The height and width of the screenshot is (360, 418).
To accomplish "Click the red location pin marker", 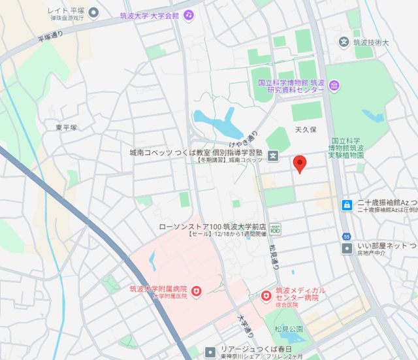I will point(300,163).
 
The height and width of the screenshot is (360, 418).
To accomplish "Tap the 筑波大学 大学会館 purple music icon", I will point(188,14).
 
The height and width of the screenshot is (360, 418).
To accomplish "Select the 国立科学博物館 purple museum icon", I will point(334,86).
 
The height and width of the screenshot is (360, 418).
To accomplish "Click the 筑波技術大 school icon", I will point(344,42).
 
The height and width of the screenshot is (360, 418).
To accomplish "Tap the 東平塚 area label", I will point(66,127).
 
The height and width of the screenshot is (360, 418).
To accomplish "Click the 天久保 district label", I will point(305,129).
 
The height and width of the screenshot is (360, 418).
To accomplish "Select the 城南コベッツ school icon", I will point(273,156).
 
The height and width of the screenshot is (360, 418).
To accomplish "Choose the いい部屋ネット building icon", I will point(346,248).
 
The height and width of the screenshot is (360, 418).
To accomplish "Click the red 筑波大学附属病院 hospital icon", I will point(196,289).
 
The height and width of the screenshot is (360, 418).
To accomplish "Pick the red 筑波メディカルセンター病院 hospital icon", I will point(265,296).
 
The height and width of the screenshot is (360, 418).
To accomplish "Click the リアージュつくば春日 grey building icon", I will point(210,352).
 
